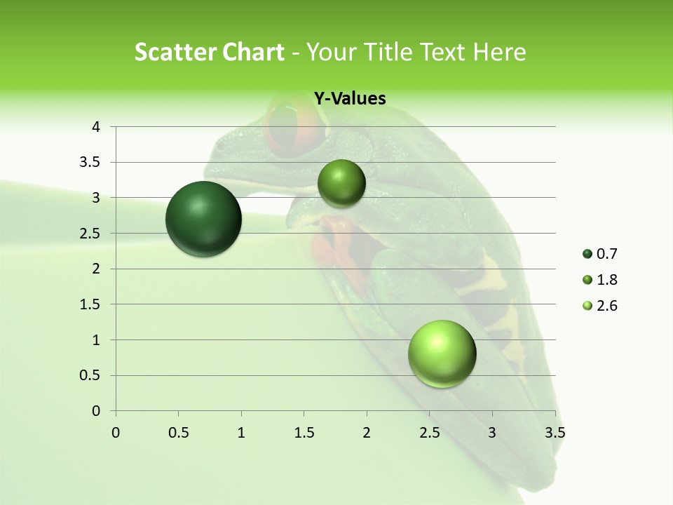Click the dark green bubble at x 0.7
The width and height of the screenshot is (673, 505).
[203, 219]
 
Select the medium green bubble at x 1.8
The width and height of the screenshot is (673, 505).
[341, 184]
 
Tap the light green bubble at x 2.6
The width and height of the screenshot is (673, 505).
[442, 353]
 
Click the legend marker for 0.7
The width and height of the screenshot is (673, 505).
[587, 254]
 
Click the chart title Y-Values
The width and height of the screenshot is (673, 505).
[350, 99]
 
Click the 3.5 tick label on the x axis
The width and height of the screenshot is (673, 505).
[555, 433]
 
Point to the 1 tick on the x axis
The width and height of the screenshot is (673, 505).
[241, 433]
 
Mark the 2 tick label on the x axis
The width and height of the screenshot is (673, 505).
[367, 433]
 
